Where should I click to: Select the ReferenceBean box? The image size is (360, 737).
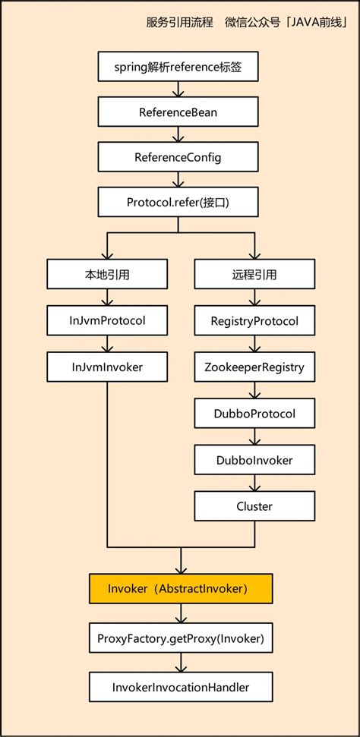(180, 112)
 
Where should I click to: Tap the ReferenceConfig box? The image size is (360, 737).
(180, 157)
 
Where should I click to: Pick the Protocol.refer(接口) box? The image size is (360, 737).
(180, 202)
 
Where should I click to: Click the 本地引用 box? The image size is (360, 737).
(107, 275)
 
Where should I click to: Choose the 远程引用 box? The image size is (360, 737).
(254, 275)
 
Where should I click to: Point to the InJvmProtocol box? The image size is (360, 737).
(107, 320)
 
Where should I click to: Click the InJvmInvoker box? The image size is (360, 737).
(107, 366)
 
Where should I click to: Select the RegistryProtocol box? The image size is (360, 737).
(254, 320)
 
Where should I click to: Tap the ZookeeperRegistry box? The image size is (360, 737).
(254, 367)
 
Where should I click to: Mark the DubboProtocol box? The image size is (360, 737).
(254, 413)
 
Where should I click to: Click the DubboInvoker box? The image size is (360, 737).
(254, 459)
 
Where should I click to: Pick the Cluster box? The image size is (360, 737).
(254, 506)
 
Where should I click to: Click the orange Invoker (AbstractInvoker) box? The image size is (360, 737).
(180, 588)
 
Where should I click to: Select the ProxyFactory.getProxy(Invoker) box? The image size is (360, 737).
(180, 638)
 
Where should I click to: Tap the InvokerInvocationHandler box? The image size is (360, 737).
(180, 687)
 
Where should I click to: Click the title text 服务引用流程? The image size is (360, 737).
(179, 21)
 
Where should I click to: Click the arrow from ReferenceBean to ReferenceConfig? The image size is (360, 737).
(180, 135)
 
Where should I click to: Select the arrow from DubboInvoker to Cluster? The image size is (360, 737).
(254, 483)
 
